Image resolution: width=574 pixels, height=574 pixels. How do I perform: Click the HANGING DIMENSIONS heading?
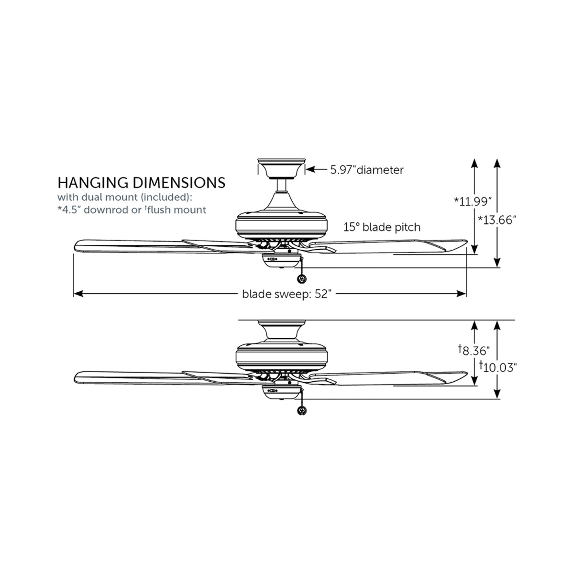[141, 183]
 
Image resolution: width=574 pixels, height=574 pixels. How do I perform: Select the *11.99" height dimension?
[473, 201]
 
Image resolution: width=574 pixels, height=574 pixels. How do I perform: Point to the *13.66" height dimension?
[497, 220]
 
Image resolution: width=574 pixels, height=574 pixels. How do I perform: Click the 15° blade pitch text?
[382, 227]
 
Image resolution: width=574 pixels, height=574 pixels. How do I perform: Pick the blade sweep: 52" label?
[287, 294]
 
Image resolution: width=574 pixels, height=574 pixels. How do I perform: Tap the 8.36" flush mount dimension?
[474, 350]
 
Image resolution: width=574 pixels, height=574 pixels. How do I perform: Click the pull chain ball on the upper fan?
[301, 280]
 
